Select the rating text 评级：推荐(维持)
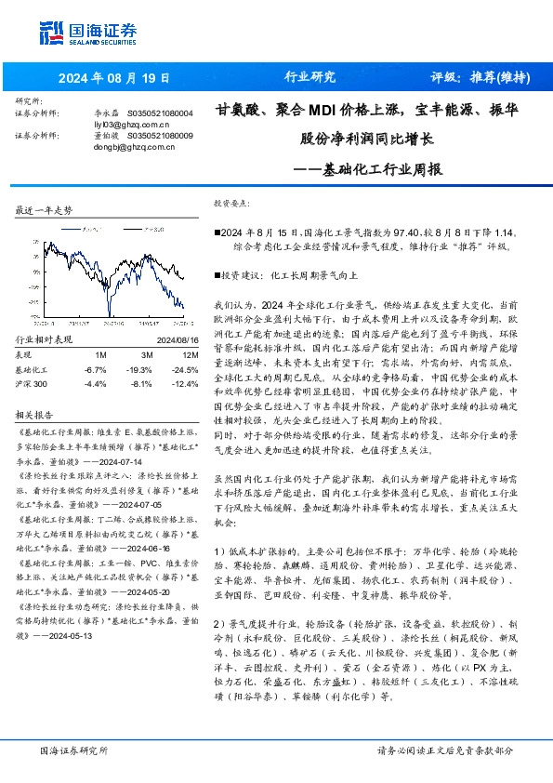pos(472,77)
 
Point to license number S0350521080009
pos(159,136)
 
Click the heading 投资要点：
pos(233,202)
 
